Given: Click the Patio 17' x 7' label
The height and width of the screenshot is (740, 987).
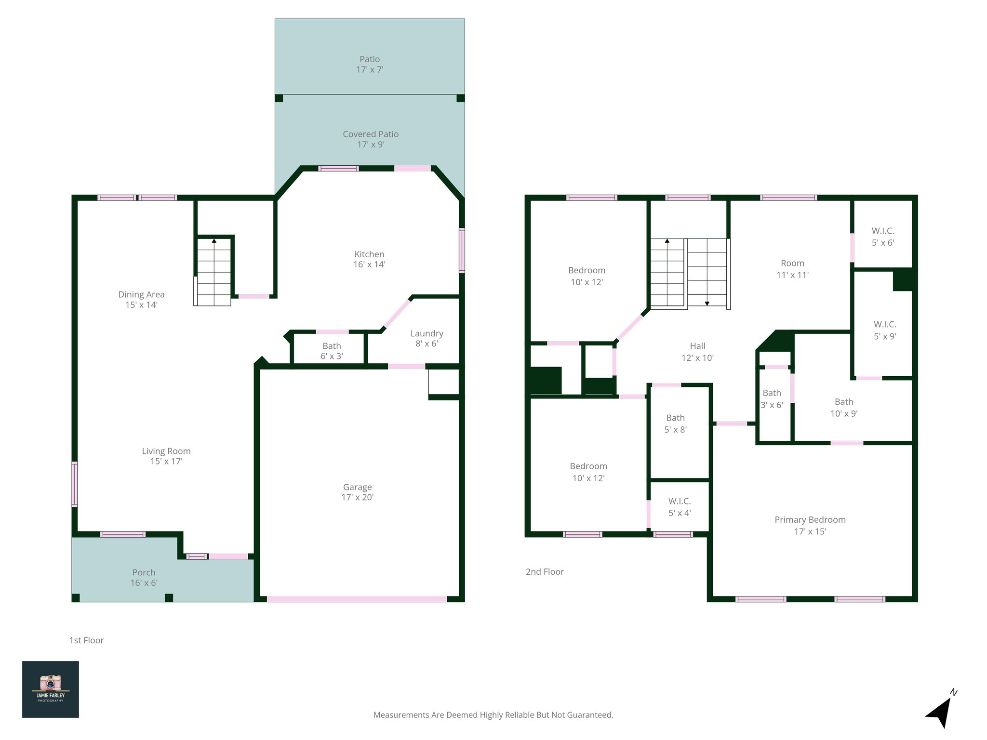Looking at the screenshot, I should click(x=370, y=64).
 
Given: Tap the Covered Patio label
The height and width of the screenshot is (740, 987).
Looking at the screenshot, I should click(x=371, y=139).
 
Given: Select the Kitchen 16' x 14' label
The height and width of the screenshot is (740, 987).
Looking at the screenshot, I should click(x=369, y=259).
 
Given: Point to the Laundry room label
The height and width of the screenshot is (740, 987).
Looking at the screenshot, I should click(x=427, y=338).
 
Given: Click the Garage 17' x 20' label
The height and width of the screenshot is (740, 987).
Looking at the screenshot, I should click(x=357, y=492).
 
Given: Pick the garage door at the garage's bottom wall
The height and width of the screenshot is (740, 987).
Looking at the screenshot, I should click(x=357, y=599).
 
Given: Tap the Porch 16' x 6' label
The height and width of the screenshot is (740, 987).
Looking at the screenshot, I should click(x=144, y=577).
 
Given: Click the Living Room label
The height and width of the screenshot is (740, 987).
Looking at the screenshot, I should click(x=166, y=456).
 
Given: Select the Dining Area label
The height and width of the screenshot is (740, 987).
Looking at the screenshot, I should click(x=141, y=299).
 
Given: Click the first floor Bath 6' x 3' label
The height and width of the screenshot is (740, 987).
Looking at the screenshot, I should click(x=332, y=351).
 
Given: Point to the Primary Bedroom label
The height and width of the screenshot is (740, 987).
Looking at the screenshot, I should click(x=810, y=525).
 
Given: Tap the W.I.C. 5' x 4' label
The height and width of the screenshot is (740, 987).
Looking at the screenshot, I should click(x=680, y=507).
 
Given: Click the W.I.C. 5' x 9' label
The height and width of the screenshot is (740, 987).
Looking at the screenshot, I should click(x=885, y=330).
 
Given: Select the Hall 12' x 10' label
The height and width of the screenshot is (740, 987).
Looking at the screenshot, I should click(x=697, y=352).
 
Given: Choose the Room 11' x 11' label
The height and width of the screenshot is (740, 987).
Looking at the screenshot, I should click(x=792, y=269).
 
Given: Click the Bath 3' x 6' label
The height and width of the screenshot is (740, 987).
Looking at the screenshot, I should click(x=772, y=399).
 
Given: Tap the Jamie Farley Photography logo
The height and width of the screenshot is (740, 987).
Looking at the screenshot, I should click(x=51, y=689).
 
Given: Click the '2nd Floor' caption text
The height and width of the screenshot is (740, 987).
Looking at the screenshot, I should click(x=545, y=572).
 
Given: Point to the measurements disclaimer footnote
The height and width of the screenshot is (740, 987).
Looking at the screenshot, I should click(x=493, y=715).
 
